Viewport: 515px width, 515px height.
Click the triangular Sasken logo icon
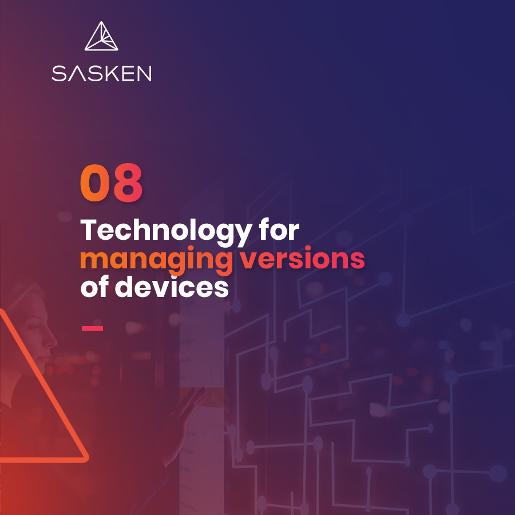(101, 36)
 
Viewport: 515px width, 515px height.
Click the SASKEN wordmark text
(101, 73)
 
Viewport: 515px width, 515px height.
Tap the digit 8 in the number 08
(128, 183)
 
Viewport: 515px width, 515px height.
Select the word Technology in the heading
(166, 231)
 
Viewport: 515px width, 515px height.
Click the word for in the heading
(279, 229)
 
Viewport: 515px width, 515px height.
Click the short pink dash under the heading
(92, 328)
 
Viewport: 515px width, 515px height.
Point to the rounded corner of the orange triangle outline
(85, 458)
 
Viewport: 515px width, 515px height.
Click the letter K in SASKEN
(113, 73)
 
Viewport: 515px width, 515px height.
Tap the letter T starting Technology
(89, 230)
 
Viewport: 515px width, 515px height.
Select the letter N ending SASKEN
(144, 73)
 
